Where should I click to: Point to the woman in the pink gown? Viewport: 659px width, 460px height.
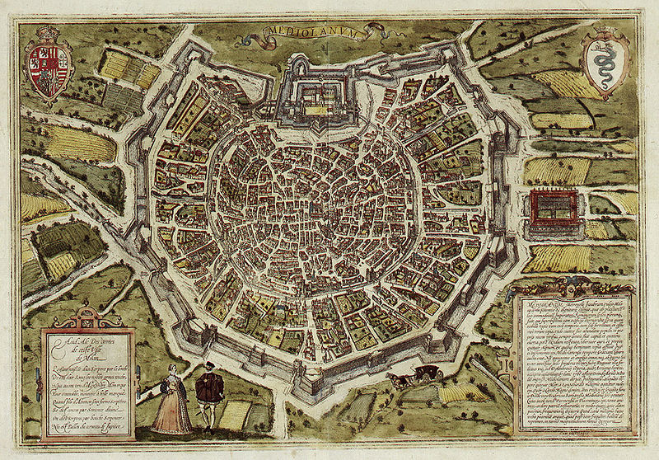coord(171,401)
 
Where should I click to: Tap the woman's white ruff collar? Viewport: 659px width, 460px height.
coord(172,373)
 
